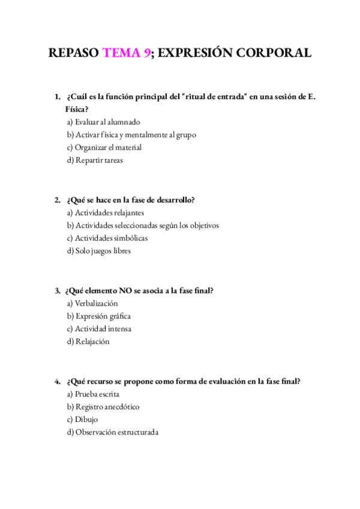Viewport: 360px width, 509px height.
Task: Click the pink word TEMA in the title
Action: point(122,53)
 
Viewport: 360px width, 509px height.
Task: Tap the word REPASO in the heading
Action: point(74,53)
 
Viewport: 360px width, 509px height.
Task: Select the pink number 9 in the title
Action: point(147,53)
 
